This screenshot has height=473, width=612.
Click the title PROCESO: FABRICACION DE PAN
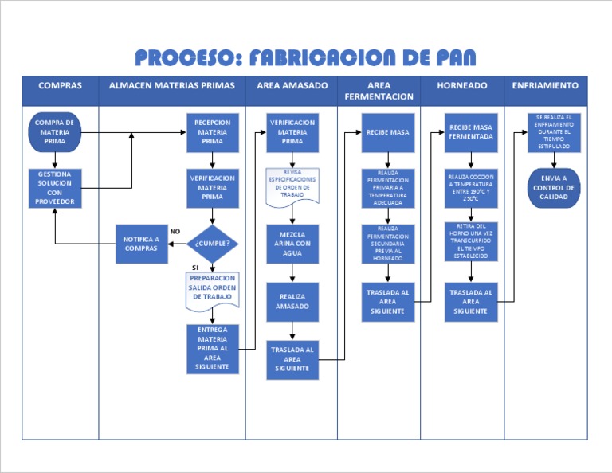click(x=305, y=57)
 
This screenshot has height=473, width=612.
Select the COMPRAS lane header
click(x=60, y=85)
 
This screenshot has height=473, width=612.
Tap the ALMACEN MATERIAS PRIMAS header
click(x=172, y=85)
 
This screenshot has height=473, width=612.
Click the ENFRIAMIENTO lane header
click(x=546, y=85)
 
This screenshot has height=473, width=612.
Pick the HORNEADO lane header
click(x=462, y=85)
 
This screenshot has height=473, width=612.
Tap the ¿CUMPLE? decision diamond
click(x=213, y=244)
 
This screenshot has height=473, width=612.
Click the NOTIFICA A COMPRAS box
click(x=141, y=244)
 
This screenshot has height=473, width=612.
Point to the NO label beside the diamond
click(x=175, y=231)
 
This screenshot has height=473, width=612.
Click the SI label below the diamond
click(x=195, y=268)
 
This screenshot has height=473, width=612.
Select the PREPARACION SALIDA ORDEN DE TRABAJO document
click(x=213, y=290)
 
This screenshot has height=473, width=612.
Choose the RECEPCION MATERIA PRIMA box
click(x=213, y=132)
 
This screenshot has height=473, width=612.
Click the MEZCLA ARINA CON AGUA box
click(x=292, y=244)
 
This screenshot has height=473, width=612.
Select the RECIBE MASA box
click(x=387, y=132)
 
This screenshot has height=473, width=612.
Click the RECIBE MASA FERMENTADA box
click(x=471, y=132)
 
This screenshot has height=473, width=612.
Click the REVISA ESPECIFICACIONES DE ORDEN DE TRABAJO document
click(x=292, y=186)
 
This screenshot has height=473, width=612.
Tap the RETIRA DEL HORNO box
click(x=471, y=241)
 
